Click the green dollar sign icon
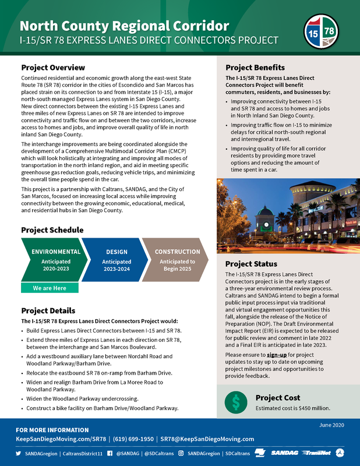click(236, 401)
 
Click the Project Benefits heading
click(255, 67)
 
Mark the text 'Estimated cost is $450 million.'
click(294, 408)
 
